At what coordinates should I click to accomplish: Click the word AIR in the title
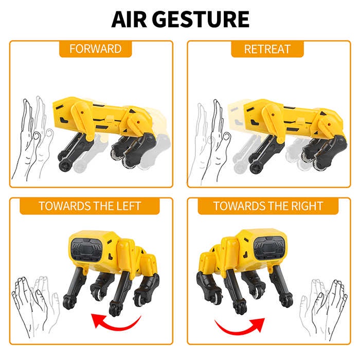(129, 20)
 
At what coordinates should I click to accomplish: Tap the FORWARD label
(96, 49)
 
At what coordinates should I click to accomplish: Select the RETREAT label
(267, 49)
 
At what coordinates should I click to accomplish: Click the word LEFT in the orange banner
(129, 206)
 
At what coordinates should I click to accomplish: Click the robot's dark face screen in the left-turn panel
(87, 250)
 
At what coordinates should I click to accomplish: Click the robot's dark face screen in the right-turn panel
(270, 248)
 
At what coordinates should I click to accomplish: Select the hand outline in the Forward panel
(32, 138)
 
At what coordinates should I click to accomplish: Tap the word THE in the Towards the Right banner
(276, 206)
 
